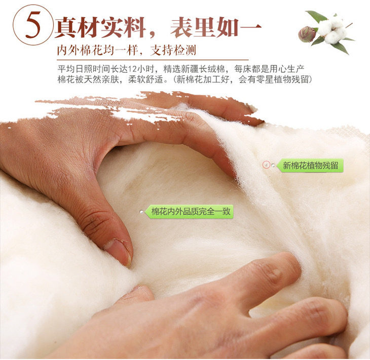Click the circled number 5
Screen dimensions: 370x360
pyautogui.click(x=32, y=25)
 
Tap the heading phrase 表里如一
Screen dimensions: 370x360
pyautogui.click(x=215, y=28)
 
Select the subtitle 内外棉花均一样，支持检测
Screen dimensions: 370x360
pyautogui.click(x=127, y=50)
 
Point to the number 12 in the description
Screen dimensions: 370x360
pyautogui.click(x=132, y=69)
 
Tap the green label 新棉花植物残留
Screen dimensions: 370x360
pyautogui.click(x=310, y=166)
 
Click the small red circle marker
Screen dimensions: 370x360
pyautogui.click(x=266, y=165)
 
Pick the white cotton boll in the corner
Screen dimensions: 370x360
pyautogui.click(x=332, y=29)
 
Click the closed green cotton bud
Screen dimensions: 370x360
pyautogui.click(x=306, y=34)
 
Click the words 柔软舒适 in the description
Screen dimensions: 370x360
pyautogui.click(x=145, y=79)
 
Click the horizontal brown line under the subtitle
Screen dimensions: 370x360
pyautogui.click(x=153, y=60)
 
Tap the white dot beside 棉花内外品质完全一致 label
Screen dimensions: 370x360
pyautogui.click(x=141, y=212)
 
